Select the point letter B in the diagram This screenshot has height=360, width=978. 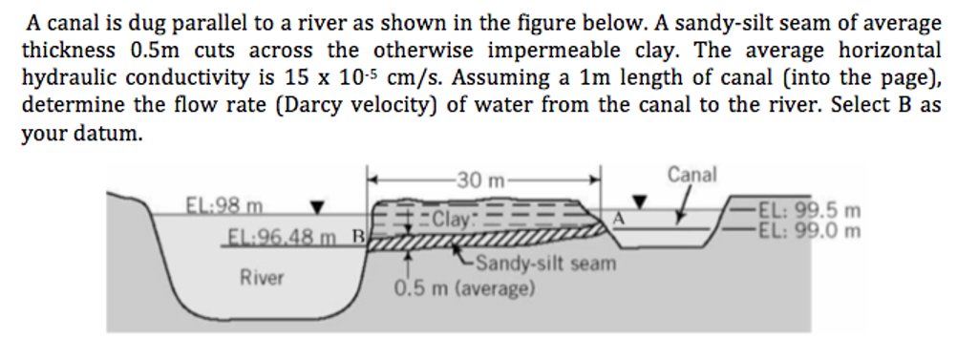[359, 234]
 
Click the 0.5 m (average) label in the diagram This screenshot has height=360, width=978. [464, 286]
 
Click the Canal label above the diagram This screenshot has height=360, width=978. [691, 174]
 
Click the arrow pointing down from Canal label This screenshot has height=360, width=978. [684, 203]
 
